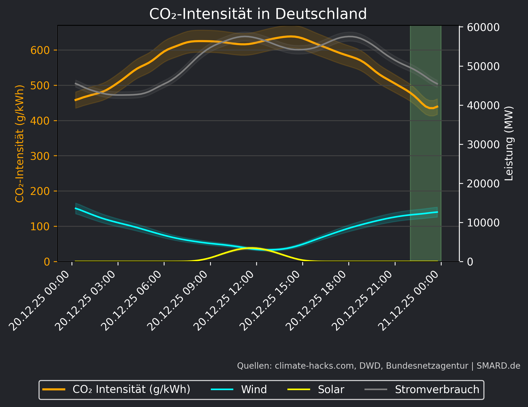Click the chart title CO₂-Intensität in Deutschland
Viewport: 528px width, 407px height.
tap(258, 14)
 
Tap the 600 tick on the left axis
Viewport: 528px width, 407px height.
tap(40, 50)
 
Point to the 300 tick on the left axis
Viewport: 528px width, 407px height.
tap(40, 156)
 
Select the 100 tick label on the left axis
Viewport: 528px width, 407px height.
tap(40, 226)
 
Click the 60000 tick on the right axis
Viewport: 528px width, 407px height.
tap(483, 27)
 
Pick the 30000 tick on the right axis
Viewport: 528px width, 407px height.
tap(483, 144)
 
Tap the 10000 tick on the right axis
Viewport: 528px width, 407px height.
tap(483, 223)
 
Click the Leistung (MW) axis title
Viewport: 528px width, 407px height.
tap(509, 143)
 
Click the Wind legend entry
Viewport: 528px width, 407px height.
tap(254, 390)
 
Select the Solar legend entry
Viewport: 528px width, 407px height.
tap(331, 390)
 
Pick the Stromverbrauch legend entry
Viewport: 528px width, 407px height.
tap(437, 390)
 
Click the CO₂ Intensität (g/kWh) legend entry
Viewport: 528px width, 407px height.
tap(131, 390)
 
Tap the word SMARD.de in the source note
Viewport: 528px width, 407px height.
tap(498, 366)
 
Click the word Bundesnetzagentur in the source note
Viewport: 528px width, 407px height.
tap(427, 366)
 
